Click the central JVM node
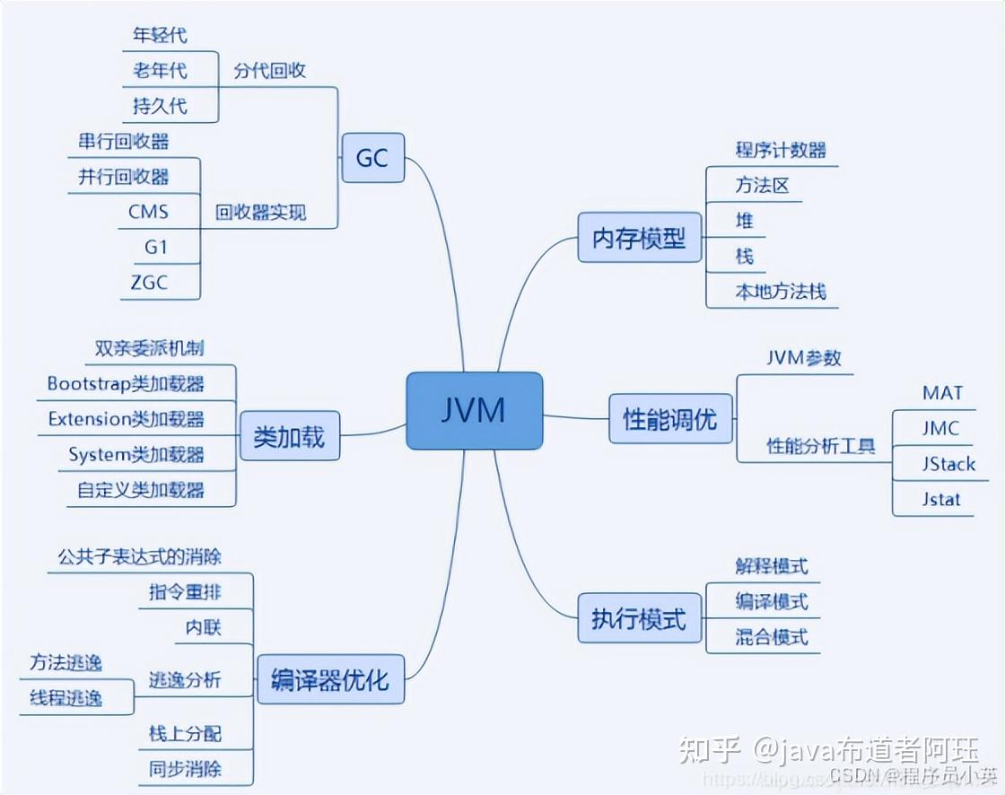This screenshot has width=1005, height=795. [474, 410]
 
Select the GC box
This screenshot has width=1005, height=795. [373, 158]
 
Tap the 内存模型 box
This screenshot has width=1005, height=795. [639, 238]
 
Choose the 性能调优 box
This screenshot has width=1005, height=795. [670, 418]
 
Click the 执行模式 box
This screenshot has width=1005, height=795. [639, 618]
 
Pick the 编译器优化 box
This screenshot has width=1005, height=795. [329, 679]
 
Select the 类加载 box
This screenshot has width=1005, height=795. [289, 437]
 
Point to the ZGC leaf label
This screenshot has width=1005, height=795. [148, 282]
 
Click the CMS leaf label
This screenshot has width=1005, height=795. [148, 212]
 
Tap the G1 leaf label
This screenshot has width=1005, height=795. [156, 247]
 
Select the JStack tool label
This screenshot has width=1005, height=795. [948, 464]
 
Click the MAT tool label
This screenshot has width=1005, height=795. [942, 393]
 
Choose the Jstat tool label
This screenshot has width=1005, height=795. [941, 499]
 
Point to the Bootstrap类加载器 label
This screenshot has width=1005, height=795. [126, 384]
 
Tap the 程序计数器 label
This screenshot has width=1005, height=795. [781, 150]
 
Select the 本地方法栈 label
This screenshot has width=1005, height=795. [781, 292]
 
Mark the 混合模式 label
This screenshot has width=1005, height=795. [772, 637]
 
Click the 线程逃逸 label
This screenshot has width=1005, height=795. [66, 698]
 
